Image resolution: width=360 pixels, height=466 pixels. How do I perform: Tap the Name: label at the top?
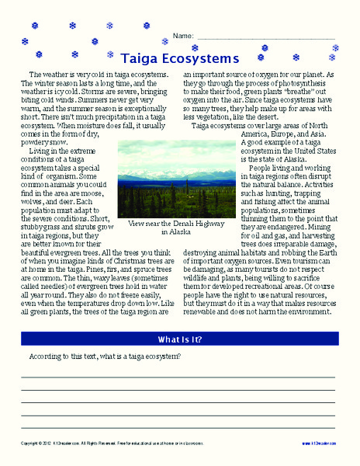tap(182, 36)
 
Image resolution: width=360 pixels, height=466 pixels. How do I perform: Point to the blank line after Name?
tap(264, 37)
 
